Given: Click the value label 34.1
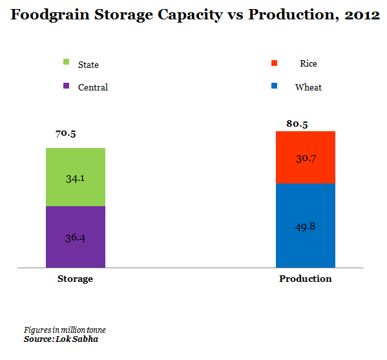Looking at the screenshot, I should pos(75,178).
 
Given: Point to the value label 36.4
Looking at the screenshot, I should pos(75,237).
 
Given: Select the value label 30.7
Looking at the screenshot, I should pos(305,158).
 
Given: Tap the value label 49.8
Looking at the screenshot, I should pos(305,226).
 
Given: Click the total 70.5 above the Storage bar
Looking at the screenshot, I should pos(66,134).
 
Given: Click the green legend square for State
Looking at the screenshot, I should pos(66,63).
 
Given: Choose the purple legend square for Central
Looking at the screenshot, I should pos(66,86).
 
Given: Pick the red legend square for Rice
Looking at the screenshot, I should pos(274,63).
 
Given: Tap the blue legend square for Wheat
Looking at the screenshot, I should pos(274,86).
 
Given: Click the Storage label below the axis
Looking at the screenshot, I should pos(75,279).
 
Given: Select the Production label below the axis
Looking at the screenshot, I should pos(305,279).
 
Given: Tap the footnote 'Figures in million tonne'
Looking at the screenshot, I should pos(65,330).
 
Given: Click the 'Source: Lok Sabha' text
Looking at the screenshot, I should pos(61,339).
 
